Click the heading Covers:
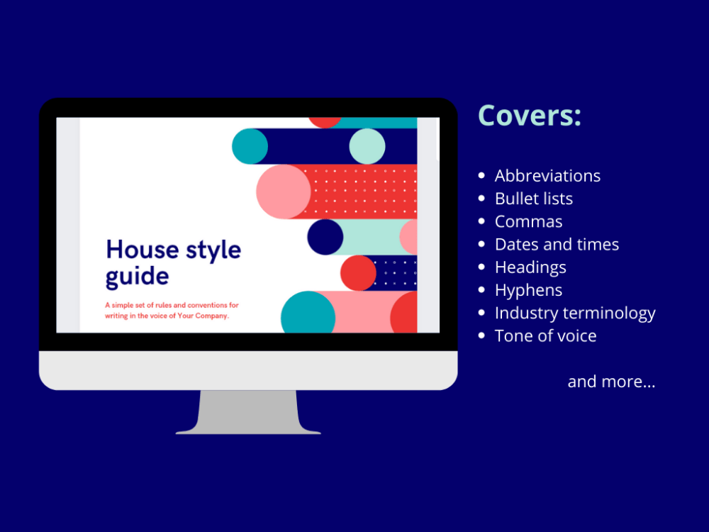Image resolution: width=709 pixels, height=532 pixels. (x=530, y=116)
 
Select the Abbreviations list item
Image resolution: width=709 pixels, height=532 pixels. (x=547, y=176)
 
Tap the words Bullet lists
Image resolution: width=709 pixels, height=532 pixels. (x=533, y=199)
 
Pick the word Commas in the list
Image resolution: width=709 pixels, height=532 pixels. (x=528, y=221)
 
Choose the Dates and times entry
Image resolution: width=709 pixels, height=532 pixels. (x=557, y=244)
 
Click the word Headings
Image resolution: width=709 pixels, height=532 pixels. (x=530, y=267)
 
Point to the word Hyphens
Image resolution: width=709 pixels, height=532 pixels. (x=528, y=290)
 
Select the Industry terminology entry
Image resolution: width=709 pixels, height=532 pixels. (x=574, y=313)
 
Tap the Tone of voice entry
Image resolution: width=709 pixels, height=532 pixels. (x=545, y=336)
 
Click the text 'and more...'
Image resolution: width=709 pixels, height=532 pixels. (x=611, y=382)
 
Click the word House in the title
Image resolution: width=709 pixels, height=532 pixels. (x=141, y=250)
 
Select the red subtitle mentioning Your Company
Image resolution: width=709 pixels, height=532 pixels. (x=172, y=311)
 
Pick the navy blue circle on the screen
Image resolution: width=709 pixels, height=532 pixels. (x=325, y=237)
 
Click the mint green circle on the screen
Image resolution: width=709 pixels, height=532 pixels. (x=367, y=146)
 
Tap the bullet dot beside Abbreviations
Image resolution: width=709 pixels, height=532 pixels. (x=482, y=176)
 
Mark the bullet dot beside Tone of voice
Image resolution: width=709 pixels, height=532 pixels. (x=482, y=336)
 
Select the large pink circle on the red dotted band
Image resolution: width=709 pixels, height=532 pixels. (x=283, y=192)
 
